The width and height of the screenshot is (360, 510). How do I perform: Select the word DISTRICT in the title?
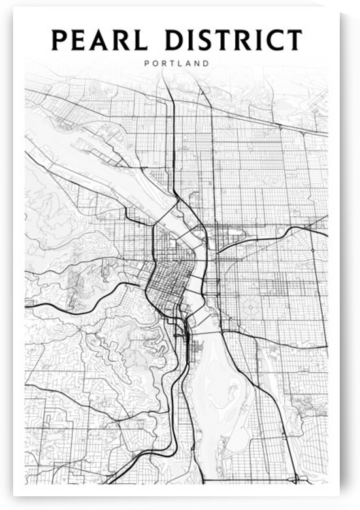pyautogui.click(x=234, y=40)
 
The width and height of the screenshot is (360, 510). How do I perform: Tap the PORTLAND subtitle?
pyautogui.click(x=176, y=64)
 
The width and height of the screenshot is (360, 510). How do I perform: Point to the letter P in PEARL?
pyautogui.click(x=59, y=40)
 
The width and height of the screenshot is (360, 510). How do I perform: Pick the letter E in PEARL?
pyautogui.click(x=80, y=40)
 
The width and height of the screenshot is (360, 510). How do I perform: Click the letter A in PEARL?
pyautogui.click(x=102, y=40)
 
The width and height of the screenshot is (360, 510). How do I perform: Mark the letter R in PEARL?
pyautogui.click(x=124, y=40)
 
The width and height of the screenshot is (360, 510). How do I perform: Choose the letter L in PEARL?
pyautogui.click(x=143, y=40)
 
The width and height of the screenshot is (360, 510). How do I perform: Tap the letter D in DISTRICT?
pyautogui.click(x=175, y=40)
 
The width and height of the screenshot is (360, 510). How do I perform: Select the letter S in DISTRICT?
pyautogui.click(x=207, y=40)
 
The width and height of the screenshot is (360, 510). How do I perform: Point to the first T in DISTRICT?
pyautogui.click(x=225, y=40)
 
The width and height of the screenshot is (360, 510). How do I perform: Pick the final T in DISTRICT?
pyautogui.click(x=293, y=40)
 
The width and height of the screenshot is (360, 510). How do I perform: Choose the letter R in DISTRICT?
pyautogui.click(x=244, y=40)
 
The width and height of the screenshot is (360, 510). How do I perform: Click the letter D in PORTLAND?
pyautogui.click(x=207, y=64)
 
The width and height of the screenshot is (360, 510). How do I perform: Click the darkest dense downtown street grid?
pyautogui.click(x=169, y=278)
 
